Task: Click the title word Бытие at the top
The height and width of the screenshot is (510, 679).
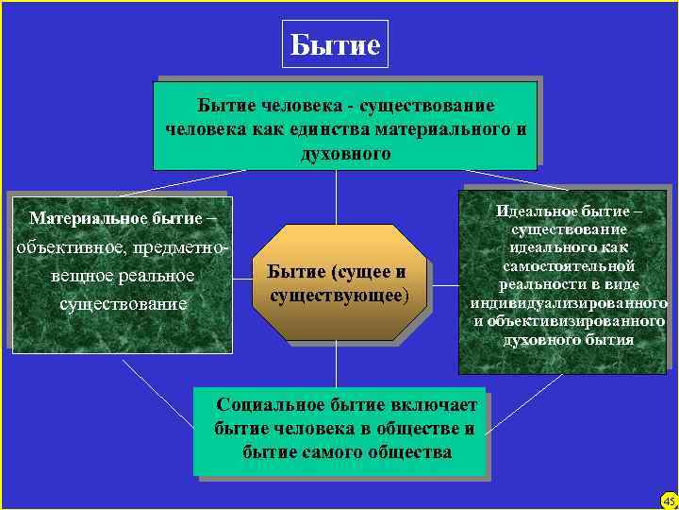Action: click(x=335, y=44)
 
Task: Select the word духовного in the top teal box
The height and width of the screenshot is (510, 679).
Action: click(x=345, y=152)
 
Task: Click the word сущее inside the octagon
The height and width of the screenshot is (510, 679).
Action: click(x=365, y=272)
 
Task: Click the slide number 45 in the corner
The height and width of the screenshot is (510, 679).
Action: click(x=668, y=500)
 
